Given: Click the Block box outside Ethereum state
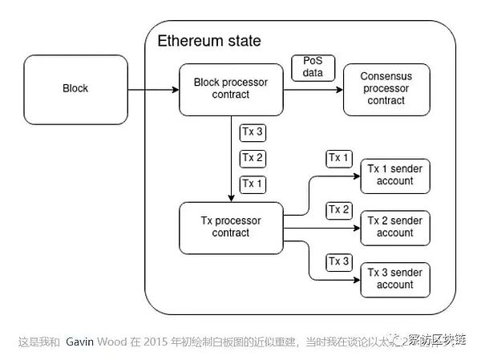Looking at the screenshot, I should point(75,88).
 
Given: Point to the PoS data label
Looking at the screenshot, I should point(311,67).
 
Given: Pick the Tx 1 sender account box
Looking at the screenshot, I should point(395,175).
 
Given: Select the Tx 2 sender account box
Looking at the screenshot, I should point(395,227).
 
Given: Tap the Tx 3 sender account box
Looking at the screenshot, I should point(395,279).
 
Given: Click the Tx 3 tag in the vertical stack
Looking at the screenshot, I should point(253,131).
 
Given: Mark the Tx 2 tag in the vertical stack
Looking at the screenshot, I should point(253,158).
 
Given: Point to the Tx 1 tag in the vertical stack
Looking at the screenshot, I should point(253,184).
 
